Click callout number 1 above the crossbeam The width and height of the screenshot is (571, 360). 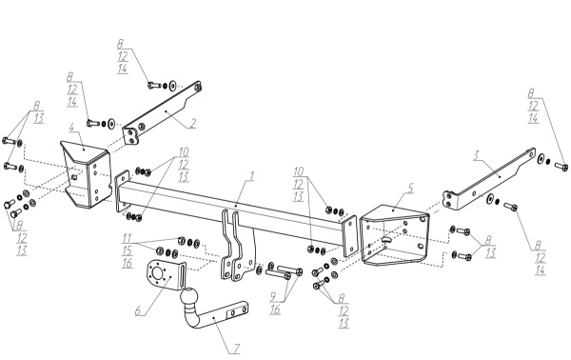click(x=251, y=176)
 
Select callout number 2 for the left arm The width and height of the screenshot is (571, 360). click(x=192, y=123)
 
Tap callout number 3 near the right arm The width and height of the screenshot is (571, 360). click(x=476, y=155)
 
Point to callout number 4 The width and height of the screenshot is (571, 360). click(x=71, y=128)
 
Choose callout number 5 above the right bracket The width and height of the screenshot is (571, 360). click(x=411, y=188)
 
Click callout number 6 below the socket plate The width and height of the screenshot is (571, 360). click(x=138, y=310)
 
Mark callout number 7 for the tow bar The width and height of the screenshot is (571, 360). click(x=236, y=349)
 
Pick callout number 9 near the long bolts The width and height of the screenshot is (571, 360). click(x=273, y=297)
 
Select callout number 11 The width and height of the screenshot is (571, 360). click(x=127, y=239)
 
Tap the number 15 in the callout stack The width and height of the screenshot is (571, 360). click(x=128, y=250)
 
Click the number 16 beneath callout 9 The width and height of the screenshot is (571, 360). click(x=275, y=310)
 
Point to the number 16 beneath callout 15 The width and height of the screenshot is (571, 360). click(x=128, y=263)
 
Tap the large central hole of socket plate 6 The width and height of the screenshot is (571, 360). click(x=158, y=272)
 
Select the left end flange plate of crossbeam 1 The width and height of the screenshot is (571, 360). click(x=123, y=190)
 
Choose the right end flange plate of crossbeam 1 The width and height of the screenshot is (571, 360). click(x=349, y=236)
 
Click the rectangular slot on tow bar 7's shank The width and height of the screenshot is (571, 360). click(x=231, y=313)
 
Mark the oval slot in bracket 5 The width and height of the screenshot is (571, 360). click(x=386, y=239)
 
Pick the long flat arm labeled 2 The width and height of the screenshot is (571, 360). click(x=163, y=113)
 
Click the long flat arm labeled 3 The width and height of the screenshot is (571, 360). click(x=489, y=178)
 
